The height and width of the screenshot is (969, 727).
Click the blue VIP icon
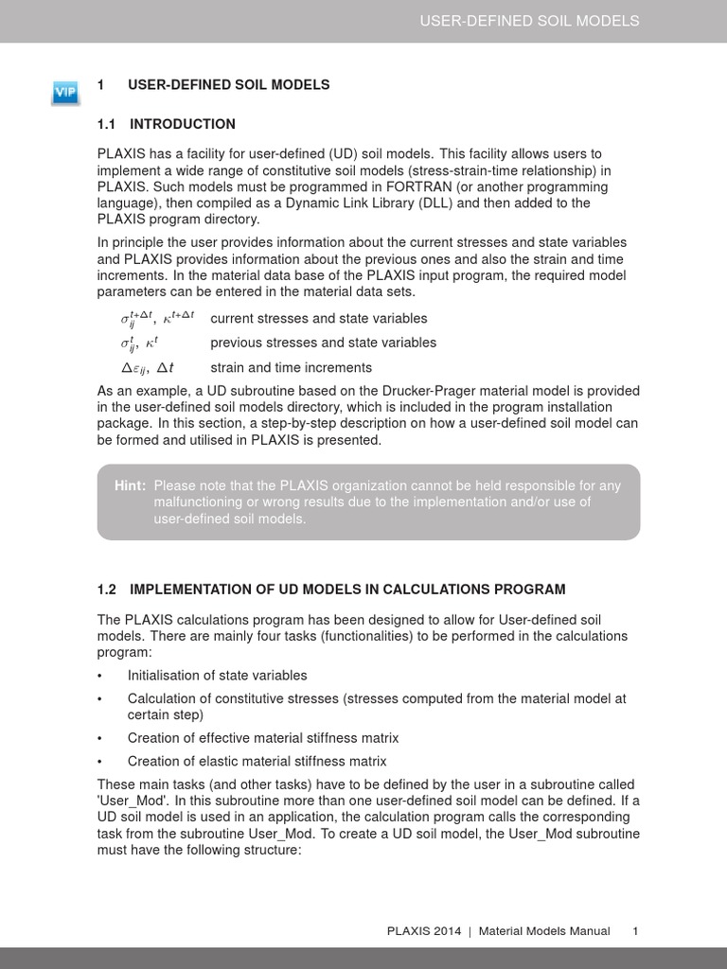64,92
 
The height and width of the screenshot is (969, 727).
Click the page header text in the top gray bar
529,21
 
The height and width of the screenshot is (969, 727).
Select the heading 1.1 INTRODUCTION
167,124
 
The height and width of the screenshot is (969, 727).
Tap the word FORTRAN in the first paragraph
410,186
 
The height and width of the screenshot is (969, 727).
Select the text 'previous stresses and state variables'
323,343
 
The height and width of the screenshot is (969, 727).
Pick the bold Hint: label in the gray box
130,485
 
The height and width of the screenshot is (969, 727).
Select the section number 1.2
106,590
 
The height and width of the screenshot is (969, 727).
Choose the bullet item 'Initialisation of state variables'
217,676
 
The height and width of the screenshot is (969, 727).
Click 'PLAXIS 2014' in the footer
424,931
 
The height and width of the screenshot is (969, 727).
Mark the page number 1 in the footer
635,931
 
